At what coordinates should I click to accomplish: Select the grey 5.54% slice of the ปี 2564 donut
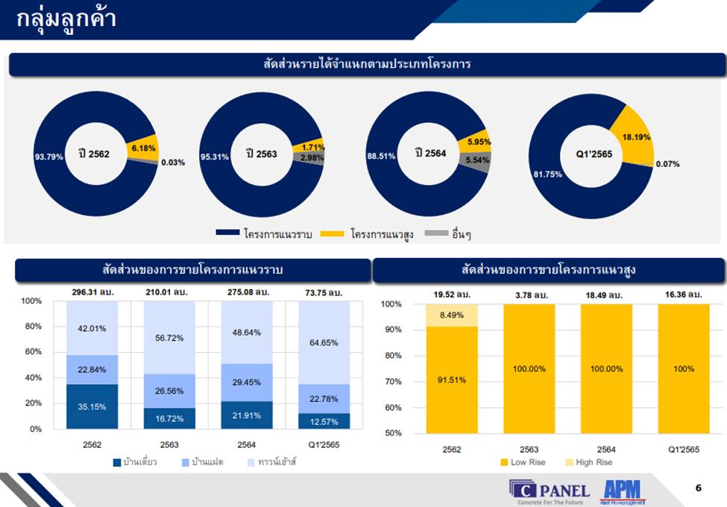point(477,160)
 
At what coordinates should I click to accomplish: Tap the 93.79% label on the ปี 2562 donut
point(49,157)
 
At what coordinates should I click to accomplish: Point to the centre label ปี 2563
point(262,154)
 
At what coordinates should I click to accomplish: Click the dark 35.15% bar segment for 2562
point(92,406)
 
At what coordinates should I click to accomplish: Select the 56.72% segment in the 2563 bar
point(169,338)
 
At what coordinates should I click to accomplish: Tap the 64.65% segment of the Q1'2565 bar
point(324,342)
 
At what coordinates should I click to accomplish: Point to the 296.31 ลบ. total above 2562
point(92,292)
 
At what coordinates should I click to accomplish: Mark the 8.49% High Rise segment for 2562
point(452,315)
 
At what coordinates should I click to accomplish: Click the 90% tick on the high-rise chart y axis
point(391,330)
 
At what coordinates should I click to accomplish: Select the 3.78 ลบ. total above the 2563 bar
point(529,295)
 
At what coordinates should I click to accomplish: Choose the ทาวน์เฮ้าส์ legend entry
point(277,462)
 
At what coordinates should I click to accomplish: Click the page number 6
point(699,488)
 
